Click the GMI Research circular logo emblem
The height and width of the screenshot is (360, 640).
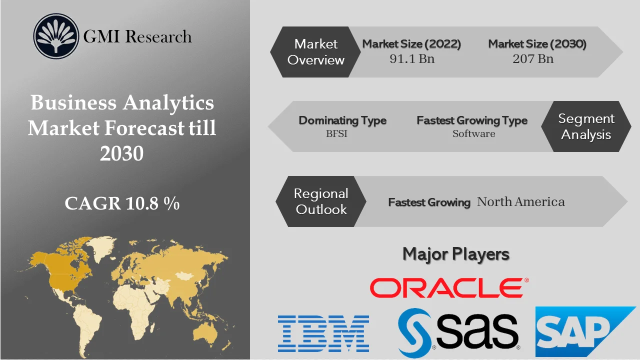point(56,36)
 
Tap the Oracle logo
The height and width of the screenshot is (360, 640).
point(446,288)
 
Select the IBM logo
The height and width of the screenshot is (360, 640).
point(323,333)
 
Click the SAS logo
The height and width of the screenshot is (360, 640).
point(459,330)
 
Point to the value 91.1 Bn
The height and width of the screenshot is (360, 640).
point(412,59)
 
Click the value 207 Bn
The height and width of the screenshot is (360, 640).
point(533,59)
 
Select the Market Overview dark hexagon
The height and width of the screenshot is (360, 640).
point(316,52)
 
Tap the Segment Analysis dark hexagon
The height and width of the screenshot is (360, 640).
point(586,126)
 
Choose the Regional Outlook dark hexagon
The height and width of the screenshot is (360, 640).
point(321,201)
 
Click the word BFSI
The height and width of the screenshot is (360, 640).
point(336,133)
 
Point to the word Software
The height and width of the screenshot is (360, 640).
point(473,133)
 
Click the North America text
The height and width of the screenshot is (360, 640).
point(520,202)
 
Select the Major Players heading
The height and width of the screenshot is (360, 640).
point(456,254)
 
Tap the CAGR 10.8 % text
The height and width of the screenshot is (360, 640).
point(122,203)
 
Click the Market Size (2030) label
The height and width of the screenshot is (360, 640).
point(537,44)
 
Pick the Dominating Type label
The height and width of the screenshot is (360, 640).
point(342,120)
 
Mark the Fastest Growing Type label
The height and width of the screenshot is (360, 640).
point(472,120)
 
